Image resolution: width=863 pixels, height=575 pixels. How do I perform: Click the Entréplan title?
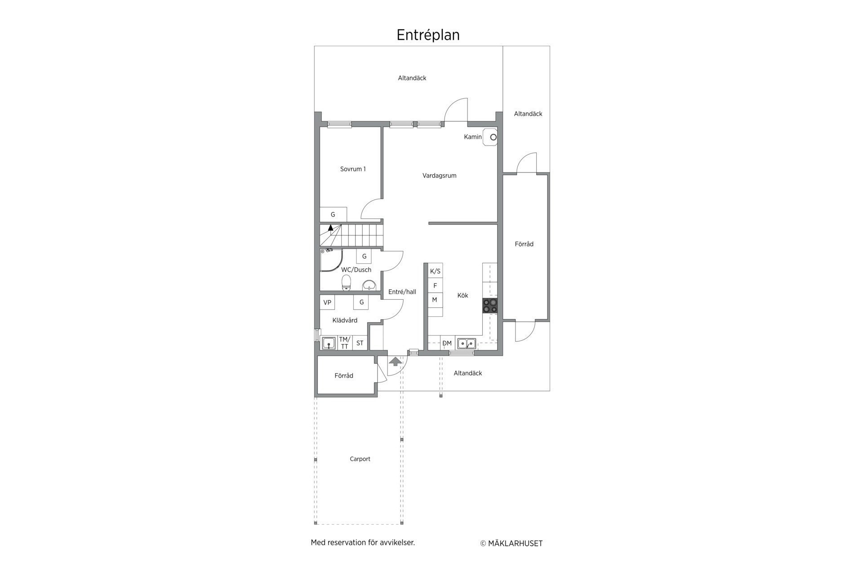pos(428,35)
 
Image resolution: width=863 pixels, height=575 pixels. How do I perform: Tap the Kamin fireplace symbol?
pos(490,137)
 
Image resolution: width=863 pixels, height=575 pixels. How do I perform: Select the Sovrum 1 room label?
pos(353,169)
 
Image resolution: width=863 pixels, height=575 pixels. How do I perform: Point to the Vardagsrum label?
pos(439,176)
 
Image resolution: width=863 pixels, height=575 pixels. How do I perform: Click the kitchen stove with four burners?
pos(490,305)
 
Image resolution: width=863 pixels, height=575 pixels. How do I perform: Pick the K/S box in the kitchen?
pos(435,271)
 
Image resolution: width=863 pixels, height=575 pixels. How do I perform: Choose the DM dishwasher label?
pos(447,343)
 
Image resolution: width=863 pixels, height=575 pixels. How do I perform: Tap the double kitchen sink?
pos(467,344)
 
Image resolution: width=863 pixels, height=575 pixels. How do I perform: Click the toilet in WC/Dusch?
pos(346,283)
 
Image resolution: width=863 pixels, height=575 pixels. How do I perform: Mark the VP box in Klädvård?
pos(327,302)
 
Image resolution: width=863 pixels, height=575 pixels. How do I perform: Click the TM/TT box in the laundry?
pos(345,343)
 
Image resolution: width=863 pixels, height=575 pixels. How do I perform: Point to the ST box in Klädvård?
pos(360,343)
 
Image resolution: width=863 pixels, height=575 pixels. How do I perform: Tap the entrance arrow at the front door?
pos(396,361)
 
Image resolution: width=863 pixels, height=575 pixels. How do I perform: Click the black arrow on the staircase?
pos(331,227)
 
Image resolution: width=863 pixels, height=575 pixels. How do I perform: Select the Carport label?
pos(360,459)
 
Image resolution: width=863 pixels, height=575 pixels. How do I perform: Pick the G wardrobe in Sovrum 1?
pos(333,214)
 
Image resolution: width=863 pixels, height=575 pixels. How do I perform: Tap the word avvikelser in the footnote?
pos(397,543)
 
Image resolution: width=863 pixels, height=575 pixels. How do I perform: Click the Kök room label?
pos(463,295)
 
